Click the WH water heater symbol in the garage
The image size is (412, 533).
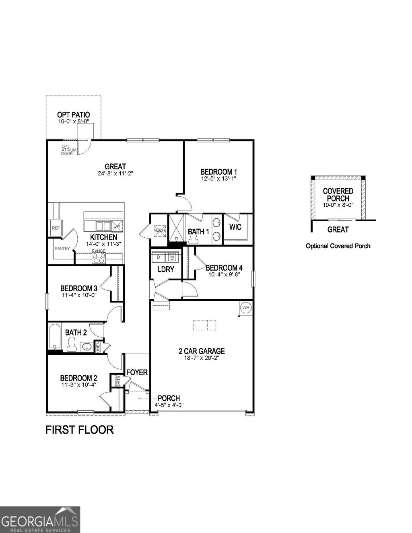(246, 308)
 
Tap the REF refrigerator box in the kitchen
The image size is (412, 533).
(55, 228)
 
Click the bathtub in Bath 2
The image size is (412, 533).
(54, 337)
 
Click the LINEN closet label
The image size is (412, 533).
(97, 347)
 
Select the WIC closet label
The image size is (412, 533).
(235, 227)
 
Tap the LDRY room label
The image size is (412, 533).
(165, 269)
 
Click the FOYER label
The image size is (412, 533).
(137, 372)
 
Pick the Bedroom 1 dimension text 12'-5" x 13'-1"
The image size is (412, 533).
(218, 178)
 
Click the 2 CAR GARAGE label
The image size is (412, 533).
(202, 351)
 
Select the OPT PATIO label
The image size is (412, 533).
(73, 115)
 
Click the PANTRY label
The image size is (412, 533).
(62, 249)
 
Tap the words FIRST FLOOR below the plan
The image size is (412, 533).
(79, 430)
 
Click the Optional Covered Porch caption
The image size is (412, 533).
(338, 246)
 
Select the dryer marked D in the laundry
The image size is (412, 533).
(159, 257)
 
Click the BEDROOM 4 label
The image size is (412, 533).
(224, 268)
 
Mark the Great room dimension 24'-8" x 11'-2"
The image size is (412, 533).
(115, 174)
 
